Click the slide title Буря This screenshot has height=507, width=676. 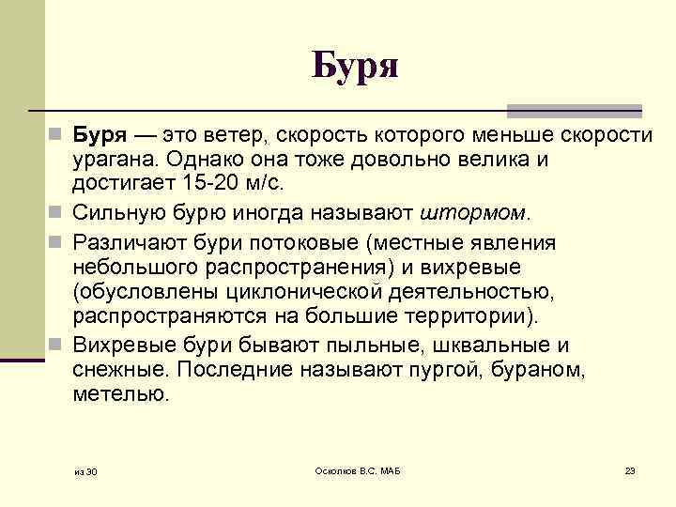click(x=356, y=65)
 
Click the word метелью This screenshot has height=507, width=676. click(x=120, y=393)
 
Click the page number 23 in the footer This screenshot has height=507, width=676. click(x=630, y=469)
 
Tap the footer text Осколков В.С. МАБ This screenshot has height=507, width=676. click(x=357, y=469)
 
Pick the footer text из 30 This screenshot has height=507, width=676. click(x=85, y=470)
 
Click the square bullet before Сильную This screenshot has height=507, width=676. click(x=58, y=209)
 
